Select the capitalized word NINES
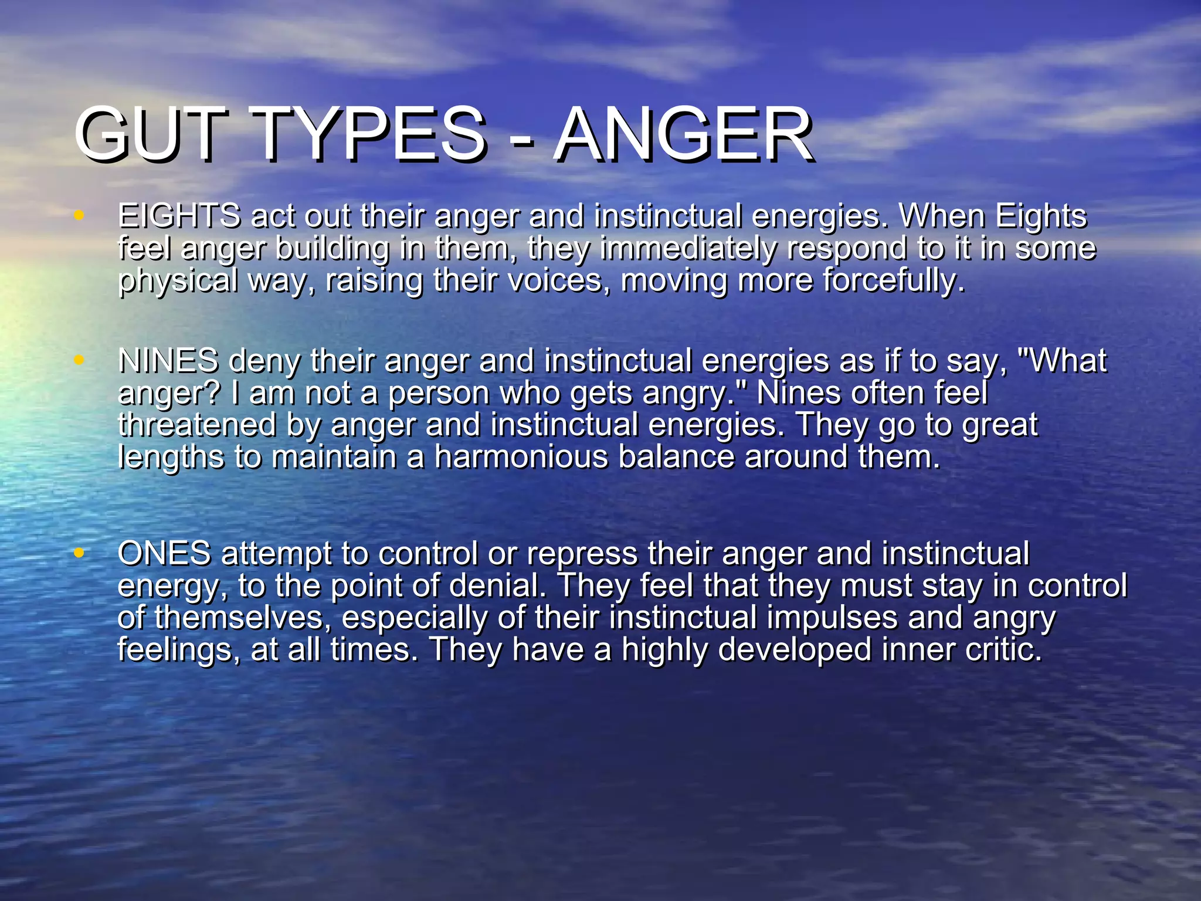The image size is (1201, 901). (168, 360)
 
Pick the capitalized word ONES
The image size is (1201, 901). (164, 553)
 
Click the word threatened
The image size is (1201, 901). (196, 425)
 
